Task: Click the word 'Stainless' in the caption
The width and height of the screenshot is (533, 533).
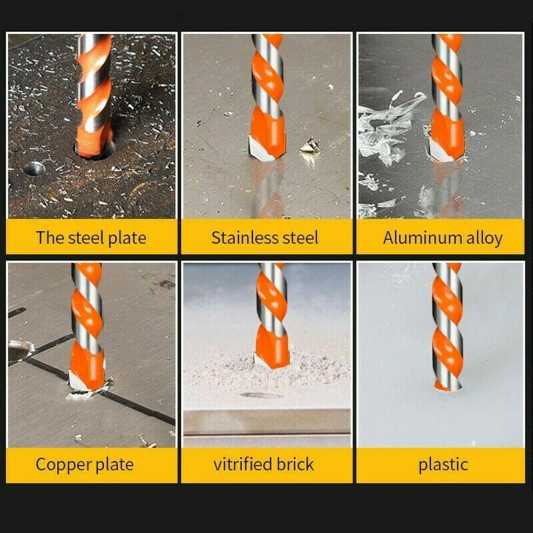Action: [241, 237]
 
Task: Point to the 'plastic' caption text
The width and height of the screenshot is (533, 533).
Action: [443, 464]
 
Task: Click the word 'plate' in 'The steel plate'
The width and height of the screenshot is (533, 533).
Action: [126, 238]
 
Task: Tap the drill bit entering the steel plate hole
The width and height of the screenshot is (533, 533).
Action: [93, 143]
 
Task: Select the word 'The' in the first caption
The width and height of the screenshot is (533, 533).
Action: [49, 238]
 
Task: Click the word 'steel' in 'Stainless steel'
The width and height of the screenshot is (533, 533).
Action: [298, 237]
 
